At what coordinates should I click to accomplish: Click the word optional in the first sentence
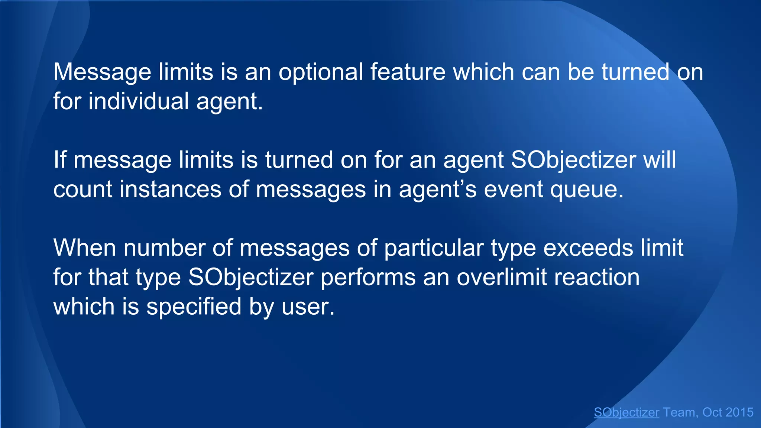click(321, 72)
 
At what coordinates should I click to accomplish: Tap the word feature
click(408, 72)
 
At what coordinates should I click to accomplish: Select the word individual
click(139, 101)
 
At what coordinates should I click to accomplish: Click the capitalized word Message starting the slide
click(102, 72)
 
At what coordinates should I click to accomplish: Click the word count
click(82, 189)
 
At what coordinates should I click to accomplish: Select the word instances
click(170, 189)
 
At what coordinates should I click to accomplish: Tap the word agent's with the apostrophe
click(437, 189)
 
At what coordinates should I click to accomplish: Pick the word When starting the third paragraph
click(85, 248)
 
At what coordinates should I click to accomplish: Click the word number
click(164, 248)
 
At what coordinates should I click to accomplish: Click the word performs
click(368, 277)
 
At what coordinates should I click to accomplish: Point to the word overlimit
click(502, 277)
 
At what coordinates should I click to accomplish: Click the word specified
click(194, 307)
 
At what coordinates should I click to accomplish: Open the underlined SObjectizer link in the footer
click(626, 412)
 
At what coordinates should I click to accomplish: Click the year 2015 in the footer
click(739, 412)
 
